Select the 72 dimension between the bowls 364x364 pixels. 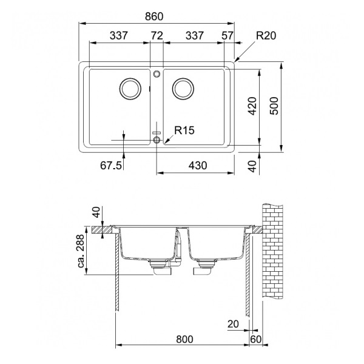(x=157, y=36)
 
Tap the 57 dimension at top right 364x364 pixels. (x=227, y=36)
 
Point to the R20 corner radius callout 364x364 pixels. (x=266, y=36)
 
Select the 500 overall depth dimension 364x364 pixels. (x=274, y=107)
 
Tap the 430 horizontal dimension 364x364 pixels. (x=197, y=165)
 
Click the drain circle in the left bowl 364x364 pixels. (x=129, y=89)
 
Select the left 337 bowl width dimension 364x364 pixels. (x=118, y=36)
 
